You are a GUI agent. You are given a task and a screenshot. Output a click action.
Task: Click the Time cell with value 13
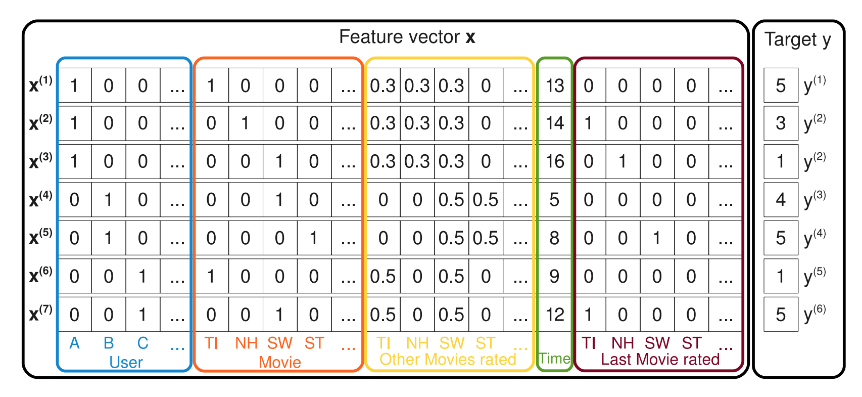554,85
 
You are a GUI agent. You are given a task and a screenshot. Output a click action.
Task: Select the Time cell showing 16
554,161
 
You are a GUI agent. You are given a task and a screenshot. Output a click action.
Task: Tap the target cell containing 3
781,123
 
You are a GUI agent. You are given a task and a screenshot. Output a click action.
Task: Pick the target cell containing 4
781,200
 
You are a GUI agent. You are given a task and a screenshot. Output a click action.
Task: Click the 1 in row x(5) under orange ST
314,238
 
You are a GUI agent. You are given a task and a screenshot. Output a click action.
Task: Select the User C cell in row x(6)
143,276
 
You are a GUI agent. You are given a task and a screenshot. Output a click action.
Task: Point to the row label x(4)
40,199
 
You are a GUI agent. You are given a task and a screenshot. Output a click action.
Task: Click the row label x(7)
40,314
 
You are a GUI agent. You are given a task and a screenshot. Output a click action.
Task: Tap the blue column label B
109,343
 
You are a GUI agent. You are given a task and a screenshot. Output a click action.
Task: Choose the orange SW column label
280,343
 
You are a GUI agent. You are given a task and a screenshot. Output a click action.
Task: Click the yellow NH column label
417,343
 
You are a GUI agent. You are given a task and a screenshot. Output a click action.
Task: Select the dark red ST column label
692,343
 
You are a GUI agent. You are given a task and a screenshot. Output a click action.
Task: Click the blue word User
126,362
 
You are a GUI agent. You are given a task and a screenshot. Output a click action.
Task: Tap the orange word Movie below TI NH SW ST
280,362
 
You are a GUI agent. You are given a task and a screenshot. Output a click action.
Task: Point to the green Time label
554,359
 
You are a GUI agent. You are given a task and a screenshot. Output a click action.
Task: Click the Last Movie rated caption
660,359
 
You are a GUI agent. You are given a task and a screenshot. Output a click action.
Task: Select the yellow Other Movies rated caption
448,359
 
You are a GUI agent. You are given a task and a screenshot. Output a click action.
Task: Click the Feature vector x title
407,37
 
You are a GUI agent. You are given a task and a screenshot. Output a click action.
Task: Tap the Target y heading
798,40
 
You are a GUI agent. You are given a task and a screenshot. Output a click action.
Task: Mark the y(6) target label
815,314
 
